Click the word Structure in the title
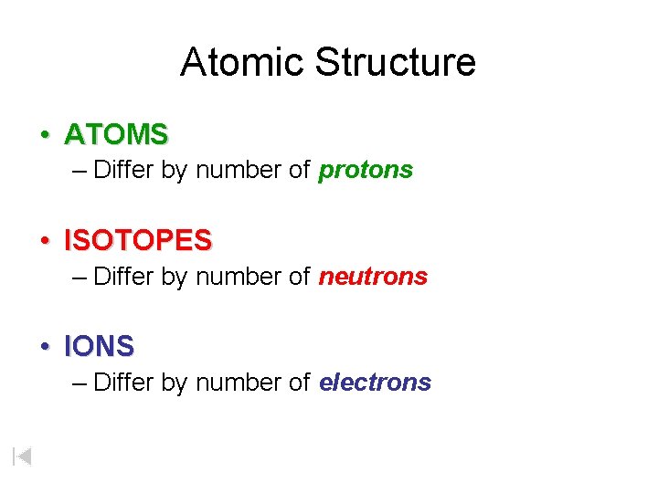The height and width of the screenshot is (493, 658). (x=396, y=62)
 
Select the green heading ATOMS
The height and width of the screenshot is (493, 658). (x=116, y=135)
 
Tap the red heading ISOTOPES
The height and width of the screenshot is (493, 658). (x=138, y=241)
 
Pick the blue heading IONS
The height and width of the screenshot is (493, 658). (x=99, y=347)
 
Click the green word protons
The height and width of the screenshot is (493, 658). (x=366, y=171)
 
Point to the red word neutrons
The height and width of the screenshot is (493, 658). (x=373, y=277)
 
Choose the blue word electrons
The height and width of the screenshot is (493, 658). (x=375, y=383)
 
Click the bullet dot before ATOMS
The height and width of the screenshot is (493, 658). (x=44, y=136)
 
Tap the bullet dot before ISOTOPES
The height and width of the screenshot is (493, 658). (x=44, y=242)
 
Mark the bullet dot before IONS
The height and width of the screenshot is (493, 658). (x=44, y=348)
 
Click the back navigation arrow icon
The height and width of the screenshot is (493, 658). (x=23, y=456)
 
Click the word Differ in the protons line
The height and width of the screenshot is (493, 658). (x=124, y=171)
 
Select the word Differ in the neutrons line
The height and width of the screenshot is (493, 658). (x=124, y=277)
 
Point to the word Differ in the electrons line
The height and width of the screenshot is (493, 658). (x=124, y=383)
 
